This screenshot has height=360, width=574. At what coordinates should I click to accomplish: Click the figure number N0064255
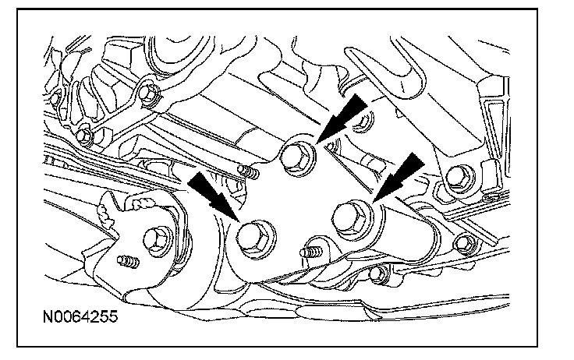(x=80, y=316)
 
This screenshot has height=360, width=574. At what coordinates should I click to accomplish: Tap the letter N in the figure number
(x=48, y=316)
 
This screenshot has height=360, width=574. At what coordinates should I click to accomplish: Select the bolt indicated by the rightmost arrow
(x=353, y=219)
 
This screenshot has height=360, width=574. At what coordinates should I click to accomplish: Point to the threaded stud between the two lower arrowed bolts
(x=310, y=252)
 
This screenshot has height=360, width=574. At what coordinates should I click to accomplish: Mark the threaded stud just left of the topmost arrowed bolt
(x=248, y=171)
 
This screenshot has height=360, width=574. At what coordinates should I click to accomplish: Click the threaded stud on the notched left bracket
(x=129, y=261)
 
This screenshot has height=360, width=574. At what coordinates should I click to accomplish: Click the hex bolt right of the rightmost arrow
(x=460, y=178)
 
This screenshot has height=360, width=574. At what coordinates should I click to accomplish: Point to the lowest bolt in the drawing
(x=377, y=274)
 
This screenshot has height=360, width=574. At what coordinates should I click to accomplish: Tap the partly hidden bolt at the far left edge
(x=55, y=98)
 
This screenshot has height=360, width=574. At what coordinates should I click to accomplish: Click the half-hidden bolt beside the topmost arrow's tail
(x=364, y=121)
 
